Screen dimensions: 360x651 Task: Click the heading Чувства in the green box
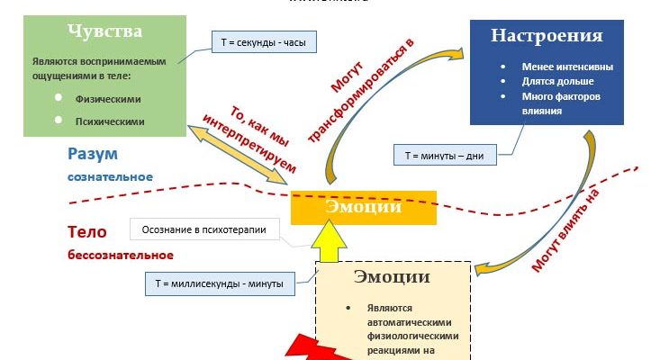(104, 31)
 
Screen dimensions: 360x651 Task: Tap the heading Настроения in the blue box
(546, 36)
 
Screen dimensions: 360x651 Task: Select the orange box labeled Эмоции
(364, 208)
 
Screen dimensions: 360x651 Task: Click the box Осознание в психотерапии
(204, 230)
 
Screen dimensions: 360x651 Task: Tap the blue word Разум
(93, 153)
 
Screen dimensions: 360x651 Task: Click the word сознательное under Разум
(110, 176)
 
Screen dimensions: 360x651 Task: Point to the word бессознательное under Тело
(120, 256)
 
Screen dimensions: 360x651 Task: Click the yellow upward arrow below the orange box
(330, 243)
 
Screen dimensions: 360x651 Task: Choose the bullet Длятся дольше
(553, 82)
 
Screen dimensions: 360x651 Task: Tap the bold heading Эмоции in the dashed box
(392, 277)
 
